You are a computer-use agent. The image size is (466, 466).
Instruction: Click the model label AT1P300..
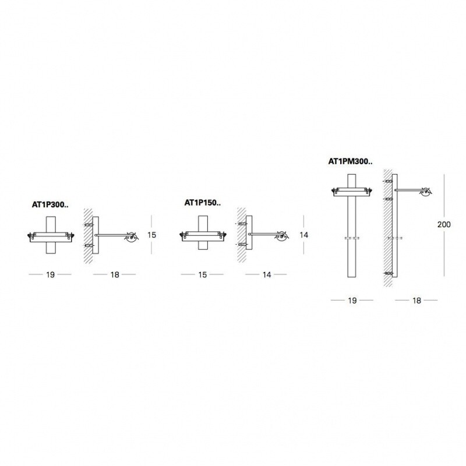pos(50,205)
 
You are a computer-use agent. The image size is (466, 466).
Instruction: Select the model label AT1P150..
pos(201,203)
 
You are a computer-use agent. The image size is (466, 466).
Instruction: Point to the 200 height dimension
pos(444,224)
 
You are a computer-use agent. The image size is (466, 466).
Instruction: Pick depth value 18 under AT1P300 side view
pos(114,274)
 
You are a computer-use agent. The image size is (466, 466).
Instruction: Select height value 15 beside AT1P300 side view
pos(151,235)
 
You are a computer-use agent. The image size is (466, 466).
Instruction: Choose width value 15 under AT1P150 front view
pos(202,274)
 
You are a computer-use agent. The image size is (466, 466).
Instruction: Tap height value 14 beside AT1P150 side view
pos(303,235)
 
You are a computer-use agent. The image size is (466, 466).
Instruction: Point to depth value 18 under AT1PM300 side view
pos(416,300)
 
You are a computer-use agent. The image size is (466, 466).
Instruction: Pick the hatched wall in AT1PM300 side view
pos(388,227)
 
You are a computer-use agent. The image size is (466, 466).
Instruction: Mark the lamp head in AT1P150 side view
pos(283,236)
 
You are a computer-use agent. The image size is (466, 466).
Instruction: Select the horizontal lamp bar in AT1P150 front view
pos(202,235)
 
